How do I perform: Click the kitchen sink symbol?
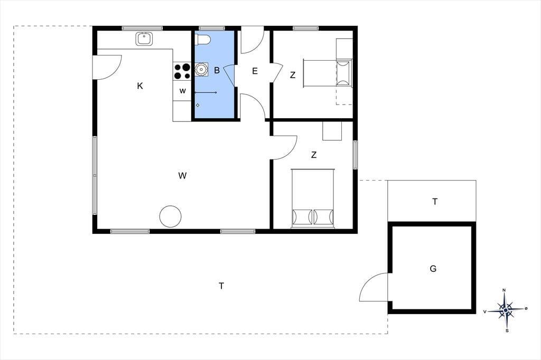(x=144, y=39)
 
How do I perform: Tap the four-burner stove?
(x=182, y=71)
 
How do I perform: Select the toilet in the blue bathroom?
(x=203, y=40)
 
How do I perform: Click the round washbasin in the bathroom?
(x=201, y=69)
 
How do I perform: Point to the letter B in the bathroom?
(x=217, y=70)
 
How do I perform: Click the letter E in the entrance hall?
(x=255, y=71)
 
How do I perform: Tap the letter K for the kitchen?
(x=139, y=86)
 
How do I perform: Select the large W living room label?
(x=182, y=176)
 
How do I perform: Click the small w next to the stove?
(x=182, y=91)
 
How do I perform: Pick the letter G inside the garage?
(x=433, y=268)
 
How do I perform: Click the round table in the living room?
(x=171, y=216)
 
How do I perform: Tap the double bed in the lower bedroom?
(x=313, y=198)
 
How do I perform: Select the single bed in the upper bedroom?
(x=328, y=73)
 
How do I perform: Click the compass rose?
(x=506, y=310)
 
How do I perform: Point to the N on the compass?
(x=504, y=290)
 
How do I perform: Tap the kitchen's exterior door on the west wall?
(x=107, y=67)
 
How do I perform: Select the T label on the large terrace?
(x=221, y=286)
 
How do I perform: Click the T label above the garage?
(x=435, y=202)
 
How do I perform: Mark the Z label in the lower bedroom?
(x=314, y=155)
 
